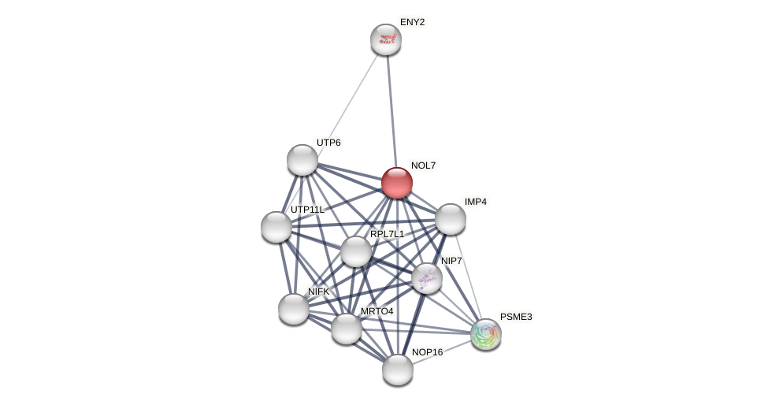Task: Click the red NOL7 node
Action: tap(397, 183)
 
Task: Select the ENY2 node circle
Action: tap(386, 39)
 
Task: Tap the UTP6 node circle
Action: tap(302, 160)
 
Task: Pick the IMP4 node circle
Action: tap(451, 219)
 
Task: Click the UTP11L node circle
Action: tap(276, 227)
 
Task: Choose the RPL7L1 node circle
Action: tap(356, 251)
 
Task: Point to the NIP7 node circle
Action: tap(427, 278)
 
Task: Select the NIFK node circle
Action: tap(294, 309)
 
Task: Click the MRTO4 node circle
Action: tap(347, 329)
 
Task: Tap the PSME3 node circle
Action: tap(486, 334)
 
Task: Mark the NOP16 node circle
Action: tap(398, 370)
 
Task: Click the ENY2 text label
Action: tap(412, 22)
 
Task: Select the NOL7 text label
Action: tap(423, 165)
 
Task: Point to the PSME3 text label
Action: tap(516, 317)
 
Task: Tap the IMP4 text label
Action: tap(475, 202)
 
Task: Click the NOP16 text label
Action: tap(427, 352)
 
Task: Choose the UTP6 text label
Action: tap(328, 143)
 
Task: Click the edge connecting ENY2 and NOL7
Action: tap(391, 110)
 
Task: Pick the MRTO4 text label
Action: tap(377, 311)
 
